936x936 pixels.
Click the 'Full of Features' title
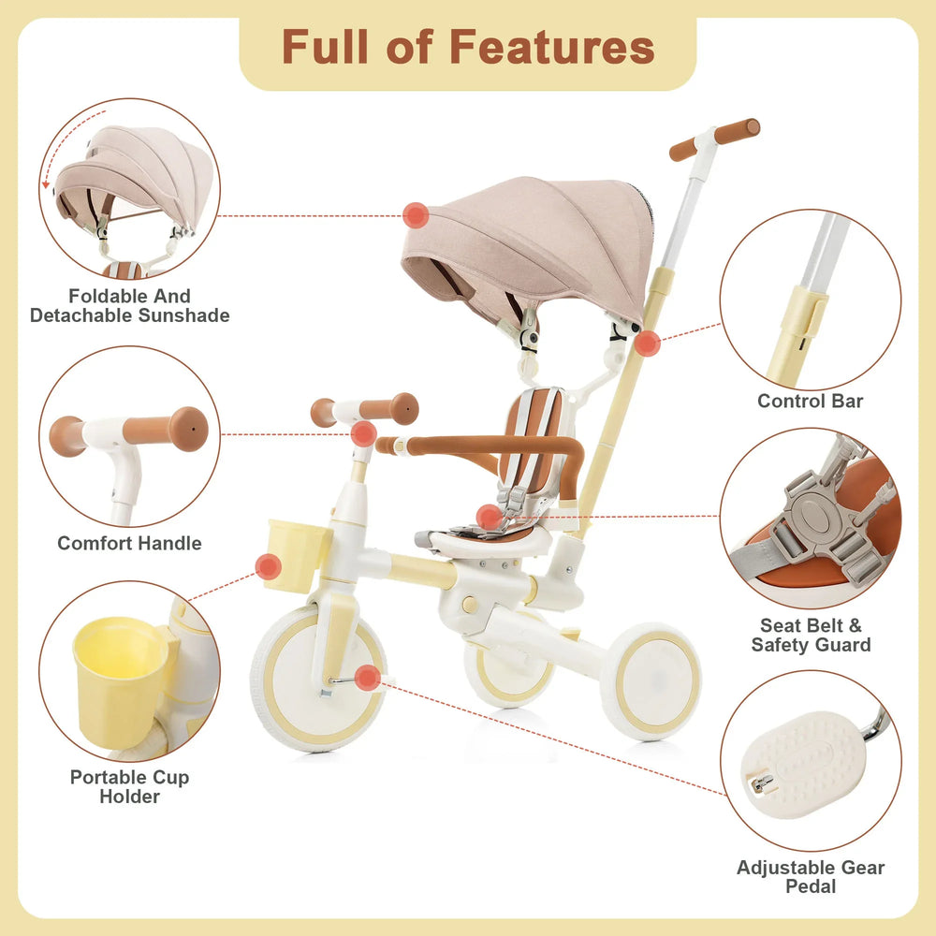point(468,47)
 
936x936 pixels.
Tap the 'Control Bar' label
point(811,402)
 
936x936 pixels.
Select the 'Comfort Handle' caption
point(129,543)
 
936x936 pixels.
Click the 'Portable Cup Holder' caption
point(129,786)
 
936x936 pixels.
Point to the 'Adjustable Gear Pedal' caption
point(811,876)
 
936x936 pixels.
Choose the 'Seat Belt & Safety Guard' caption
point(811,635)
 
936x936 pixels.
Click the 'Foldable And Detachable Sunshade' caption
point(129,306)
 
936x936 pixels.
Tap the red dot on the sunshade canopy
point(416,215)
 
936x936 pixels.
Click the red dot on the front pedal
point(368,678)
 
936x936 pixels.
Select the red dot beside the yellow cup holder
point(269,566)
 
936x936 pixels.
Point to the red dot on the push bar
point(647,344)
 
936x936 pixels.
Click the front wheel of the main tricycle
point(318,679)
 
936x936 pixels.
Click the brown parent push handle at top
point(716,138)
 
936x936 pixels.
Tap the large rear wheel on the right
point(651,681)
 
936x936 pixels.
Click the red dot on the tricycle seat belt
point(489,517)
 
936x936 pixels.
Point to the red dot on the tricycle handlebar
point(364,433)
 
